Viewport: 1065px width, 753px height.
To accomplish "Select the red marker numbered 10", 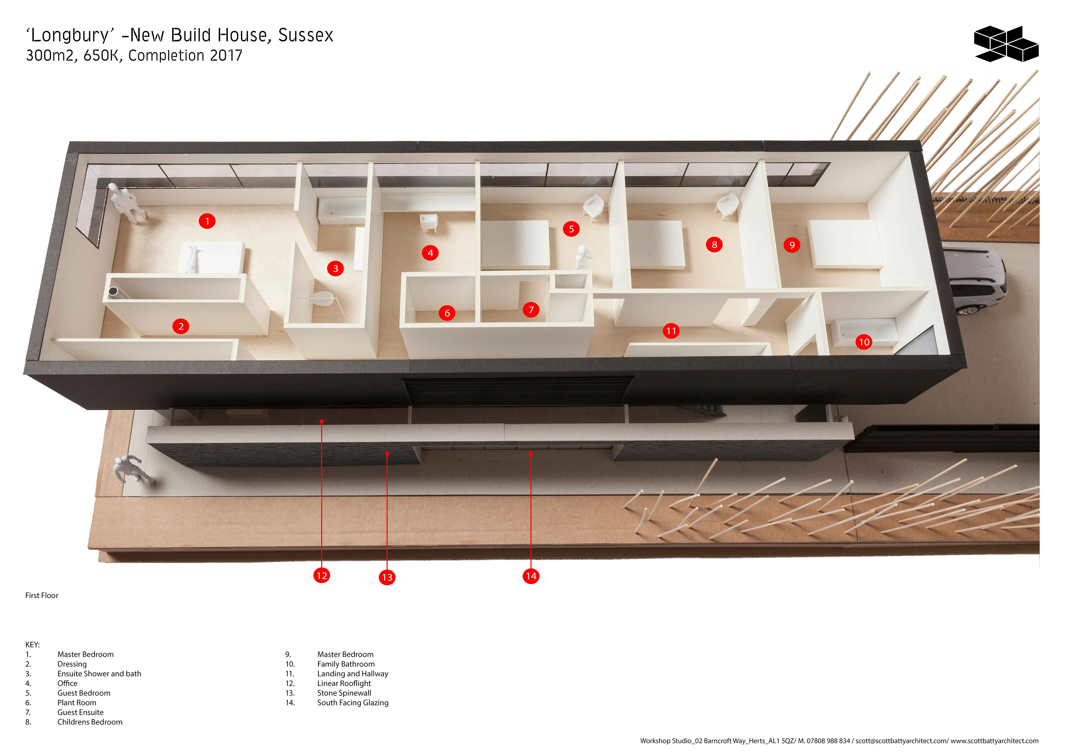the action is click(x=864, y=342).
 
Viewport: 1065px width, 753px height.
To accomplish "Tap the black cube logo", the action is click(x=1006, y=44).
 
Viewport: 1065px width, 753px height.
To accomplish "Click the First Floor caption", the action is click(x=42, y=595).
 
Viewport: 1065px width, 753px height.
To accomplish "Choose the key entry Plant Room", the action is click(x=77, y=703).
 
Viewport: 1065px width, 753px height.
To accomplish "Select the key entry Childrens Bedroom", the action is click(x=90, y=722).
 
